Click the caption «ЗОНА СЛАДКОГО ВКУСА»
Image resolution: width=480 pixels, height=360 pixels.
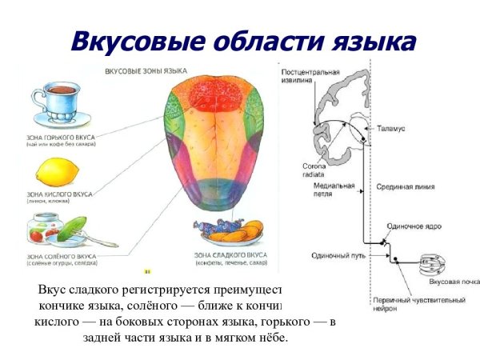(231, 254)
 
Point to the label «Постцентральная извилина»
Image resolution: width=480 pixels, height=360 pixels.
(307, 76)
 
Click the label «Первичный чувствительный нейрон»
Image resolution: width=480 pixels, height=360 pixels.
(411, 305)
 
